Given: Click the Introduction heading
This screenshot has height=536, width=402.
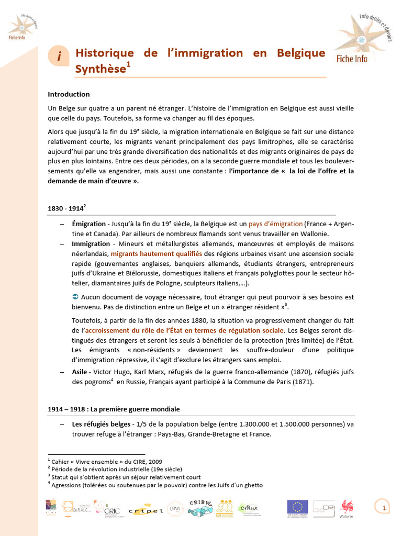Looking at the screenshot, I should [69, 94].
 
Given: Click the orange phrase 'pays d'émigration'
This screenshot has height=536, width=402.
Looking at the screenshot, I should [283, 224].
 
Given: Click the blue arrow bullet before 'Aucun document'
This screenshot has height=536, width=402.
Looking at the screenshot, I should [75, 297].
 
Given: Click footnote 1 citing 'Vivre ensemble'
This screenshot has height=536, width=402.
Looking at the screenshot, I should [105, 462].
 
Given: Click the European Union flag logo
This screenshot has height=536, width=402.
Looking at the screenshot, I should [297, 507].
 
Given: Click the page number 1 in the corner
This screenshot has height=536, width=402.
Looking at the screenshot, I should [384, 508].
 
